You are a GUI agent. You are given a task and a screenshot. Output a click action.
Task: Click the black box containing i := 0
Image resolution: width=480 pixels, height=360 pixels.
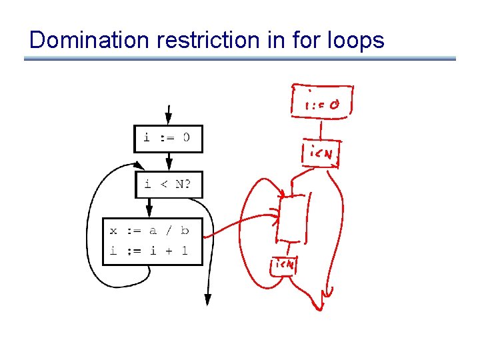tap(168, 139)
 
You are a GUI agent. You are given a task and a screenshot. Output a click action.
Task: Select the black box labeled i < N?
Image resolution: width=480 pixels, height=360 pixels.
tap(168, 184)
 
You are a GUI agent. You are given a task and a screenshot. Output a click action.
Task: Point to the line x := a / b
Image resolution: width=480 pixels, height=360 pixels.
tap(149, 231)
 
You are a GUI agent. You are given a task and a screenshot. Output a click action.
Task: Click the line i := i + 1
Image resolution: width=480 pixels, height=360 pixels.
tap(149, 251)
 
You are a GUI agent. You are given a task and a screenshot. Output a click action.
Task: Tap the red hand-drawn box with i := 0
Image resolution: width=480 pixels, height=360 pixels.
tap(319, 103)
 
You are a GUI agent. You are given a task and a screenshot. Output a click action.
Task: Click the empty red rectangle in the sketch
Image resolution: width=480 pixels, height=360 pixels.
tap(293, 217)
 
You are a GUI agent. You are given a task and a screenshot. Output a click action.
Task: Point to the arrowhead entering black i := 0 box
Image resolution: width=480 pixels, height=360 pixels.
tap(169, 119)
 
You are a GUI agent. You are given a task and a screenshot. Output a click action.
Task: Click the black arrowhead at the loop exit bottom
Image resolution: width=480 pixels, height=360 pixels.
tap(207, 299)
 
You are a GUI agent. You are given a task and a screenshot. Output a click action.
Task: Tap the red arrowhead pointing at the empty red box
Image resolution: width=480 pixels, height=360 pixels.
tap(276, 215)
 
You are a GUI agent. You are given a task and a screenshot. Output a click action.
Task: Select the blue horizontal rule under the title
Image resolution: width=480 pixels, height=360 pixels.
tap(240, 59)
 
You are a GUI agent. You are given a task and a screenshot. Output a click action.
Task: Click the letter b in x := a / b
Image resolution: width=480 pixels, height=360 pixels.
tap(185, 231)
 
